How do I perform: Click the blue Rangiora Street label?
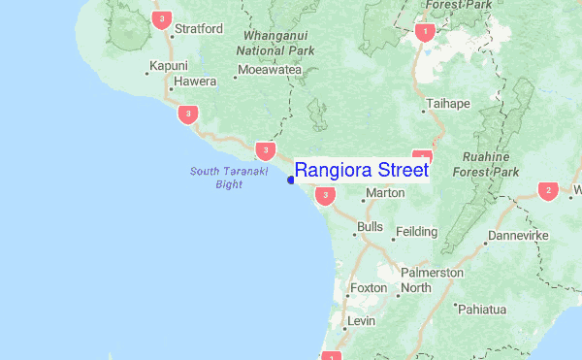pos(361,170)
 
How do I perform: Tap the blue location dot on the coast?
pos(291,179)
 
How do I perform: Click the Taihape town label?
pos(447,102)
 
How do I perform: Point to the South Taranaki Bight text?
pos(215,178)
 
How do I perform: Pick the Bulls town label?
pos(370,227)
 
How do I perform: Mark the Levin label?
pos(361,320)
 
